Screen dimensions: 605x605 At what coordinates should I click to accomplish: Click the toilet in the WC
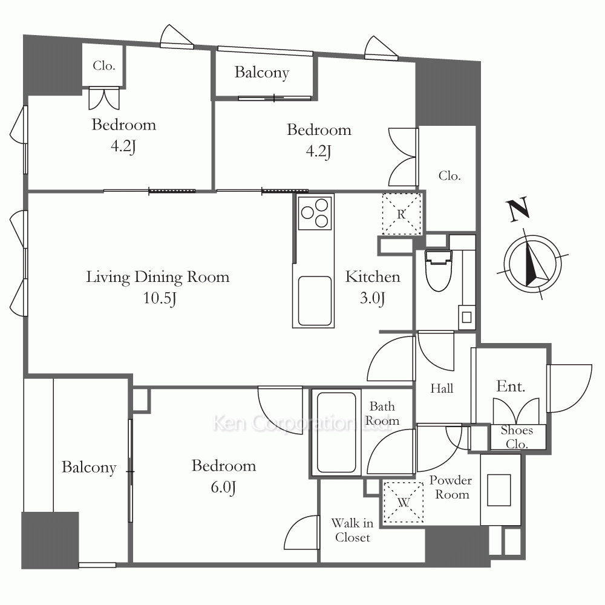tap(438, 270)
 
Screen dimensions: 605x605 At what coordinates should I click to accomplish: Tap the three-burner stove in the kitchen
tap(315, 212)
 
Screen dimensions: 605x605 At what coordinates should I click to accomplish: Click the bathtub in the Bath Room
tap(336, 433)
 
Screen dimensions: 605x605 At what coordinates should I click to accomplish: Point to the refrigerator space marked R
tap(401, 214)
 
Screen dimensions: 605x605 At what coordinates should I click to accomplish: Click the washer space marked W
tap(403, 502)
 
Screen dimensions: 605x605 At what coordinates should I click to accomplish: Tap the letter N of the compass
tap(518, 209)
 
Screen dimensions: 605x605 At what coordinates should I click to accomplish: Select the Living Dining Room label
tap(157, 278)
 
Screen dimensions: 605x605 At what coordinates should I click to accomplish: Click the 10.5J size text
tap(160, 298)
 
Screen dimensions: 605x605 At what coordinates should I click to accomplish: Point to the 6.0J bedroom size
tap(223, 487)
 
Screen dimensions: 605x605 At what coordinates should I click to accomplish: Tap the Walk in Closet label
tap(352, 530)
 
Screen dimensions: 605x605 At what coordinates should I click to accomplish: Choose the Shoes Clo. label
tap(517, 437)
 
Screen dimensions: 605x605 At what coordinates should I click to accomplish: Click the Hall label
tap(442, 388)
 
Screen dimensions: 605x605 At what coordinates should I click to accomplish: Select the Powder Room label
tap(451, 487)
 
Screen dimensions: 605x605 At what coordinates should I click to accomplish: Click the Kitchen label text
tap(372, 276)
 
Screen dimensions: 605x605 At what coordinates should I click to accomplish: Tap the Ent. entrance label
tap(511, 386)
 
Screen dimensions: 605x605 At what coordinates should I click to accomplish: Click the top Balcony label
tap(261, 73)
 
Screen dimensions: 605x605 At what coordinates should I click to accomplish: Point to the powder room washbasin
tap(499, 490)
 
